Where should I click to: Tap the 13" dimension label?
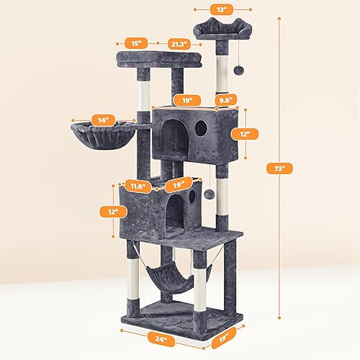coord(222,9)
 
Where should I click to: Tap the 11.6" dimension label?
coord(135,185)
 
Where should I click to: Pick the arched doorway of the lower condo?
coord(174,214)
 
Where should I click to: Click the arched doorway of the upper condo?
coord(173,137)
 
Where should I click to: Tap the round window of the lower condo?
coord(191,194)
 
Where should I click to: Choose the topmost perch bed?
coord(223,29)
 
